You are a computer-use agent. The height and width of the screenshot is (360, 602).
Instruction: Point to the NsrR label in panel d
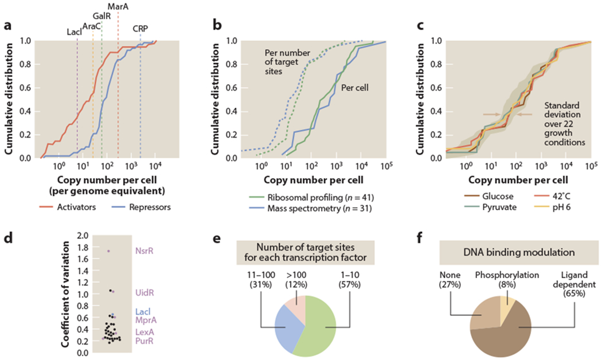(144, 251)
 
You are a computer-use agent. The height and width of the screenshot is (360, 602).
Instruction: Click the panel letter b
(217, 25)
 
